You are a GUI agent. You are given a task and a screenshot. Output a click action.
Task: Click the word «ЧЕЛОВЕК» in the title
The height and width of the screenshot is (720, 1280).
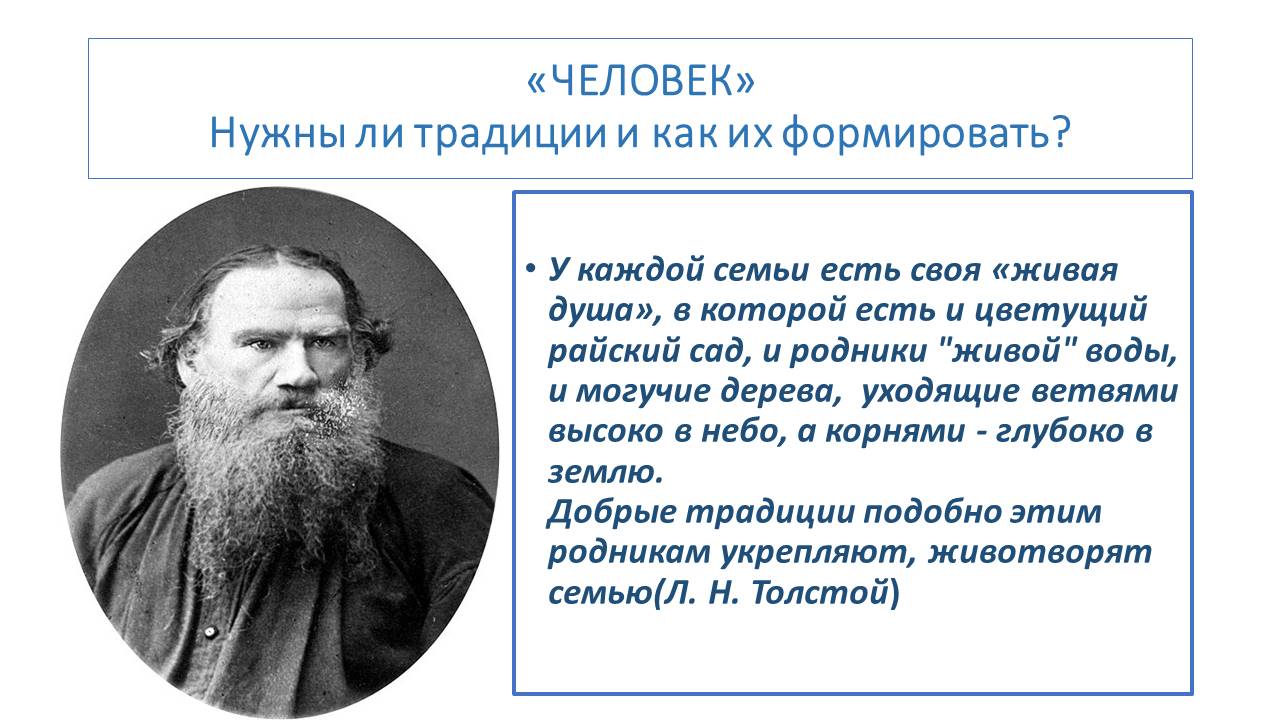641,81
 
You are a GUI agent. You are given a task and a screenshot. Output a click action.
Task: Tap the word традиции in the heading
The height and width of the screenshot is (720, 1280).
510,134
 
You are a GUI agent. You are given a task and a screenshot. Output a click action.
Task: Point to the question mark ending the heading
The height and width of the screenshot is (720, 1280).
1060,132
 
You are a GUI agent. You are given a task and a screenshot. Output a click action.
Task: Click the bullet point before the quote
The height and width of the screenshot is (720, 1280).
531,268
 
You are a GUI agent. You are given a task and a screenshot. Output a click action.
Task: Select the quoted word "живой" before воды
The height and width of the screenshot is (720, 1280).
1007,350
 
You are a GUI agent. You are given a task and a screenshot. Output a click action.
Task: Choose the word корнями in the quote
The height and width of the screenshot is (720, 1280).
895,432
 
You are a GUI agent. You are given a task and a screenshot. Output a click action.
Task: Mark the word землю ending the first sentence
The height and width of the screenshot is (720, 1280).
605,473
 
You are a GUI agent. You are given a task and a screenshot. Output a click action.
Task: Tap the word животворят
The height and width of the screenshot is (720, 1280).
1039,553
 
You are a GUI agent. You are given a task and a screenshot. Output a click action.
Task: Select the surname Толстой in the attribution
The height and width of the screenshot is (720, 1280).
820,593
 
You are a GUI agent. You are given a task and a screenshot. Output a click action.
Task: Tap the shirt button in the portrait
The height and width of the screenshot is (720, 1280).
209,631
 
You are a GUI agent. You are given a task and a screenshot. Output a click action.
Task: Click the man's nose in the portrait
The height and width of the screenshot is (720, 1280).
299,369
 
